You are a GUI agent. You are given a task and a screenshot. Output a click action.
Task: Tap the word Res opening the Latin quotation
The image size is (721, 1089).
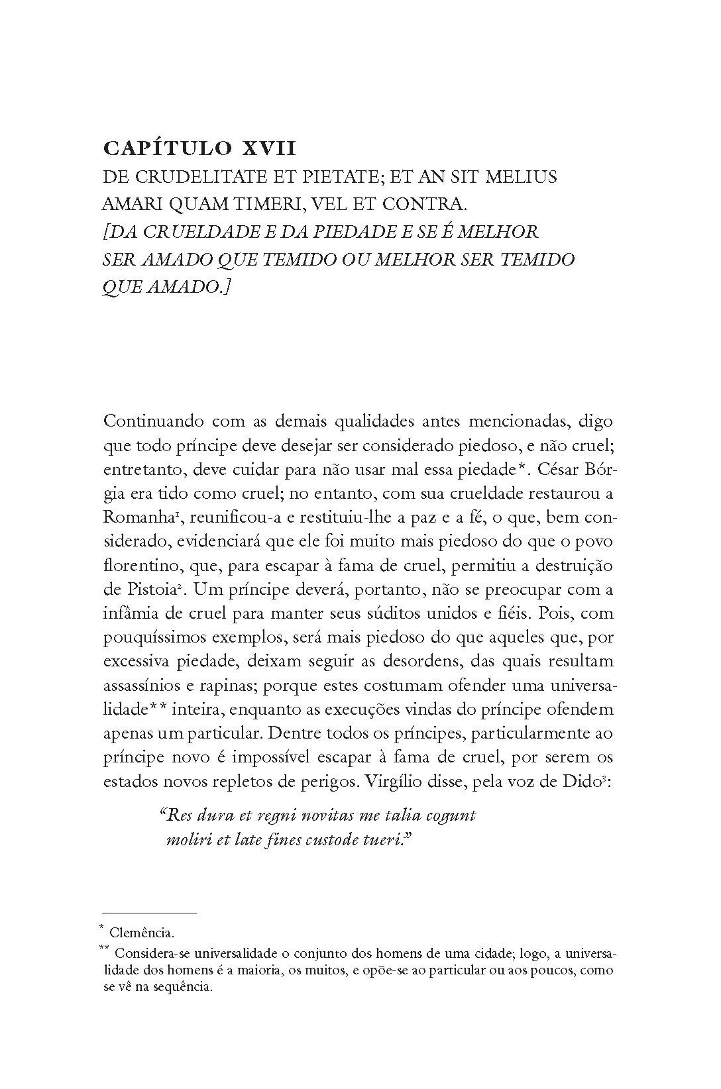[x=174, y=815]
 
